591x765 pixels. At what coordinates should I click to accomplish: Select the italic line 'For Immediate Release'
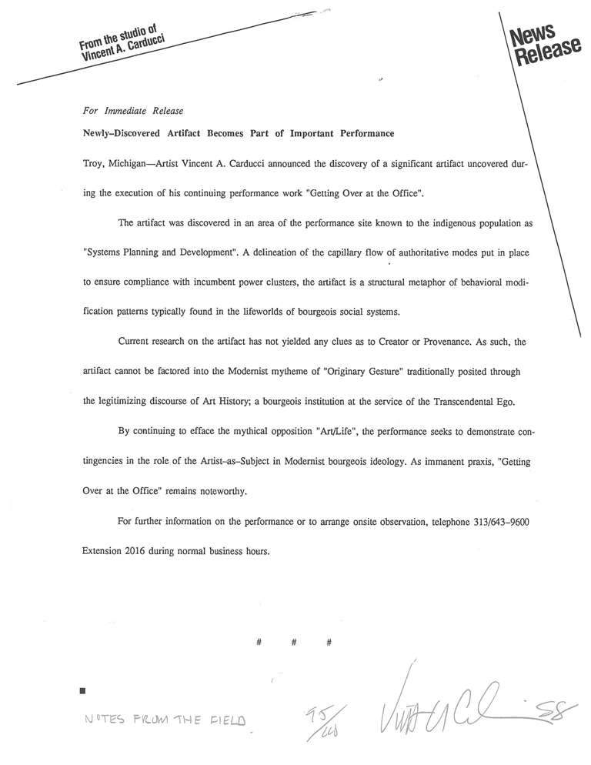(x=132, y=112)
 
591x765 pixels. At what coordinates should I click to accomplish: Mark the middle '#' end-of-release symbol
(x=295, y=642)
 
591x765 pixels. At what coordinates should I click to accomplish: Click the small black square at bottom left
(x=82, y=691)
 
